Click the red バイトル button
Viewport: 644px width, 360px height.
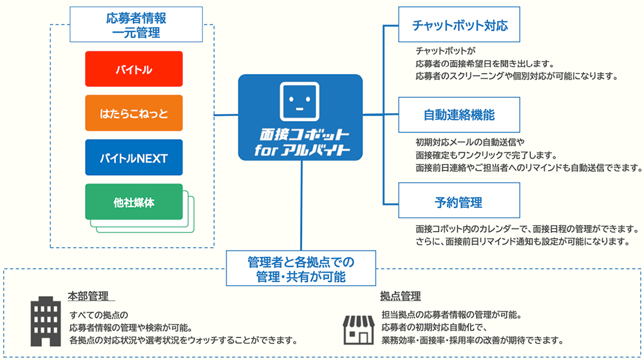click(x=134, y=69)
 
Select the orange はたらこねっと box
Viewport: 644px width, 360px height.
click(x=134, y=113)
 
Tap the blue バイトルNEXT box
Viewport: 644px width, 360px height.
click(x=134, y=157)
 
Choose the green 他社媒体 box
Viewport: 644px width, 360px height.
click(x=134, y=202)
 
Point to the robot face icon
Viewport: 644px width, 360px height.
click(x=300, y=100)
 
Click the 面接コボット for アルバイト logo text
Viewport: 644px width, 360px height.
click(x=300, y=142)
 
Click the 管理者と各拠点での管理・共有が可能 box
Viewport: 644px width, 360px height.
click(x=300, y=269)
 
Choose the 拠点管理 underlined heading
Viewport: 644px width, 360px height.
click(x=400, y=296)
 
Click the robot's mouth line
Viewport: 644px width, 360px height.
click(x=300, y=108)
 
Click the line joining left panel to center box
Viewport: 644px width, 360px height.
click(x=226, y=115)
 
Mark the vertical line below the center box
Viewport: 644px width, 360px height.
click(x=300, y=206)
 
